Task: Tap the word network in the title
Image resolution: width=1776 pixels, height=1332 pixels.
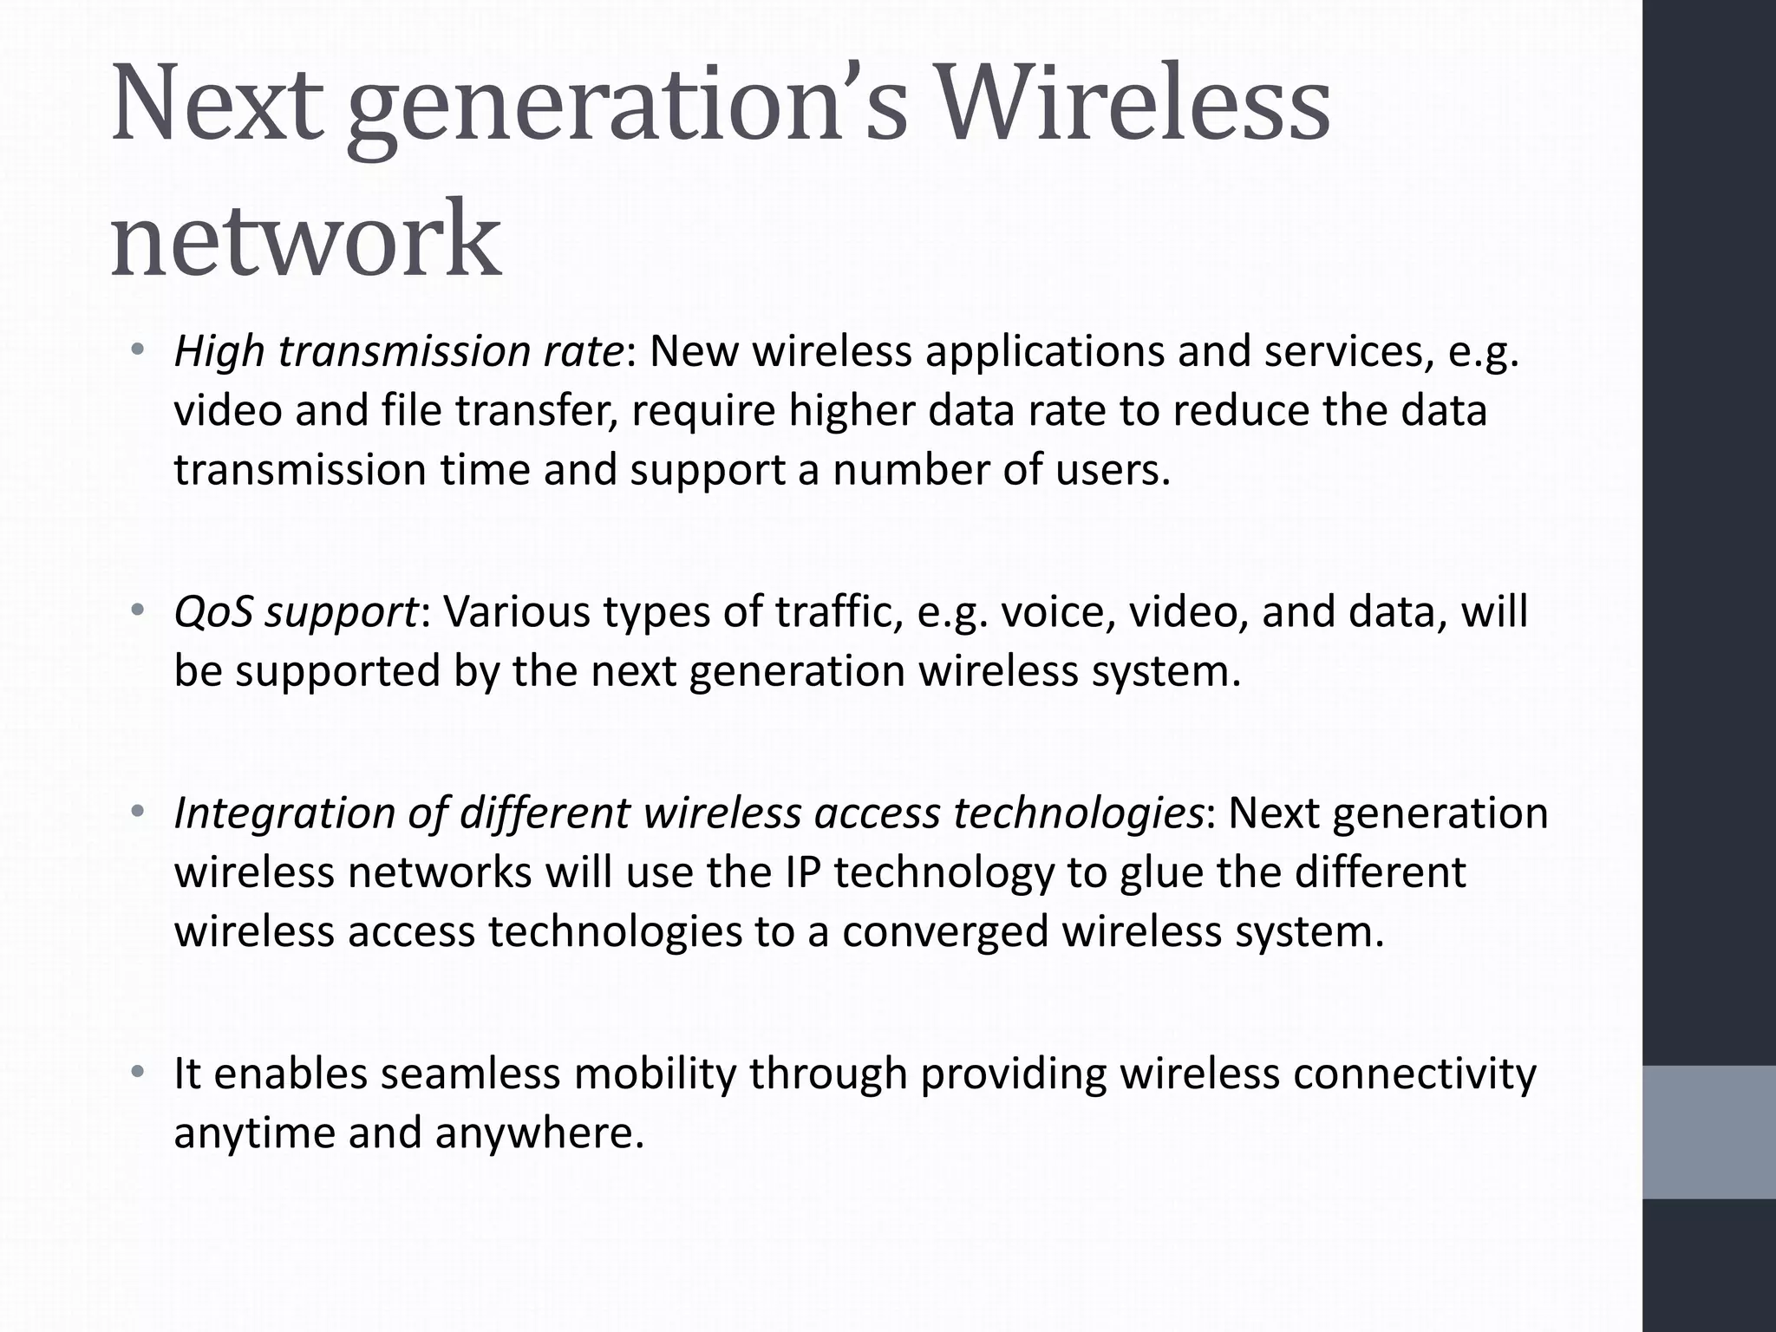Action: point(305,238)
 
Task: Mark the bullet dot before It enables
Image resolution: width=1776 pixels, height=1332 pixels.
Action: point(136,1073)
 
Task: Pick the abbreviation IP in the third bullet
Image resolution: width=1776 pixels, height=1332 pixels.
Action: point(802,872)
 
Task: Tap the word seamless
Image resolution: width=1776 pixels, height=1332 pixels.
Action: point(470,1074)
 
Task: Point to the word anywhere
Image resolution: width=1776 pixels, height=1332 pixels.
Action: point(539,1133)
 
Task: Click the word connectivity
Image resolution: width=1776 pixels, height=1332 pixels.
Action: point(1414,1074)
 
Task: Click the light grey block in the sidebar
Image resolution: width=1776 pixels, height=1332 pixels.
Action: point(1709,1132)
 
